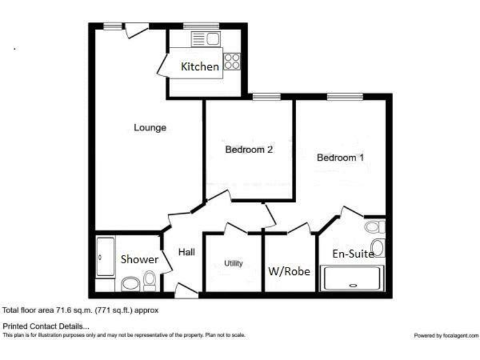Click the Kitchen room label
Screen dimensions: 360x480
[200, 67]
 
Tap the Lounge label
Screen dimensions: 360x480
[150, 128]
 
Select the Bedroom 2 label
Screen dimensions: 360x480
[249, 150]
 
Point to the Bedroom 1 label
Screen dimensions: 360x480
[340, 157]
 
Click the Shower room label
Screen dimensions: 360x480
[139, 259]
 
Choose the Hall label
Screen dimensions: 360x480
[186, 252]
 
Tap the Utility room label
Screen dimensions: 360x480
[234, 264]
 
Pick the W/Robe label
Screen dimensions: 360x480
[289, 271]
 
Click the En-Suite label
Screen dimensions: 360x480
[353, 254]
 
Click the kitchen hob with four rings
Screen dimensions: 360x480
[232, 61]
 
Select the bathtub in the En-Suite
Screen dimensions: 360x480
[352, 278]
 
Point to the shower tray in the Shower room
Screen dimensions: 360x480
[105, 256]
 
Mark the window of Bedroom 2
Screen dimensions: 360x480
[265, 96]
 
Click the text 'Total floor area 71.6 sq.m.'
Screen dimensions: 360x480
[81, 310]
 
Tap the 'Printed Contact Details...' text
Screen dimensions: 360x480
[46, 326]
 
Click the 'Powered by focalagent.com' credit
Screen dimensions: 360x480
[445, 336]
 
